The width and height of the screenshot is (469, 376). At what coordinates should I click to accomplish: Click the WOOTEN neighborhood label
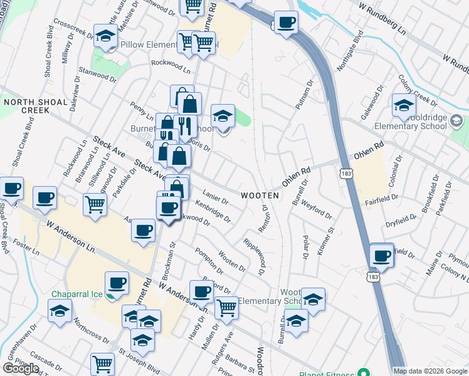point(258,196)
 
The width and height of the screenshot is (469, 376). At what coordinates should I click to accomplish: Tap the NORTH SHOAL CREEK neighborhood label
point(26,105)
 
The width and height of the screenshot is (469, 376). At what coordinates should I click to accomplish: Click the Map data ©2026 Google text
point(429,371)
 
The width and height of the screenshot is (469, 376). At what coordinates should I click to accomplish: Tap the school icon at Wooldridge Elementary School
point(403,106)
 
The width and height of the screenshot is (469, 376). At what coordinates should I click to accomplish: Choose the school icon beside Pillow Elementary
point(105,36)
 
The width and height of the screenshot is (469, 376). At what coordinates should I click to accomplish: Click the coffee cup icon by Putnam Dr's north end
point(286,23)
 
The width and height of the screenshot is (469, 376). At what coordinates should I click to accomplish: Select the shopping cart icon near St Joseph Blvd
point(102,363)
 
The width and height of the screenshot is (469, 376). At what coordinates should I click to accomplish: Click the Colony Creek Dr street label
point(416,91)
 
